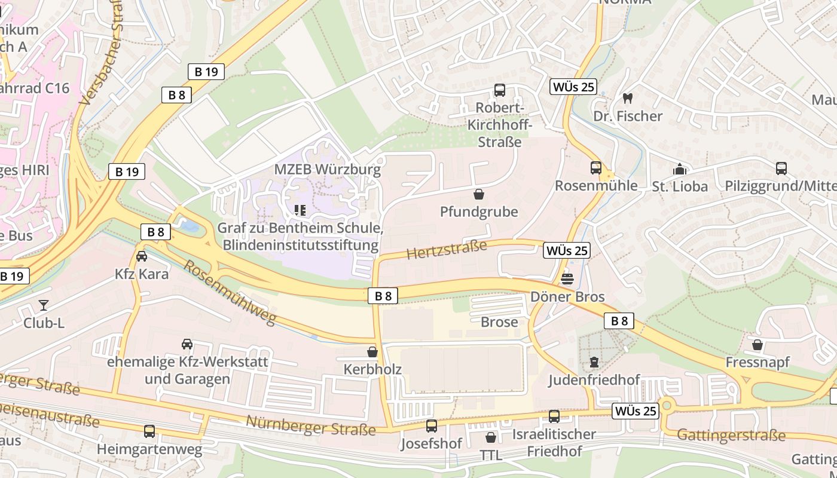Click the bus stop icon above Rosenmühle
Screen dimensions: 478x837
(x=595, y=168)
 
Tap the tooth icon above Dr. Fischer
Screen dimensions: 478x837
(x=627, y=97)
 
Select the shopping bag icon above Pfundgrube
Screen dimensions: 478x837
(x=478, y=194)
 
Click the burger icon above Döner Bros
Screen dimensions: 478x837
(x=567, y=278)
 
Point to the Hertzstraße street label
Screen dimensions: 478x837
(x=447, y=249)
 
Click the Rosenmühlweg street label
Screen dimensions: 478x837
(x=229, y=293)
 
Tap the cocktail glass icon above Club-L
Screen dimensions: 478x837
(x=44, y=305)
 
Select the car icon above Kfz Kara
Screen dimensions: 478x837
(x=142, y=256)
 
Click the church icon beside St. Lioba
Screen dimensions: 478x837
(x=679, y=169)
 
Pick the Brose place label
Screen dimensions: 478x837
(x=499, y=322)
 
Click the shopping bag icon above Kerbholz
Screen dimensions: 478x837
(x=372, y=352)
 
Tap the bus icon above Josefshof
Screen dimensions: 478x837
(x=431, y=426)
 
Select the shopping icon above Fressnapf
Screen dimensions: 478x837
(x=757, y=345)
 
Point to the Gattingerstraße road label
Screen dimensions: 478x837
(x=731, y=434)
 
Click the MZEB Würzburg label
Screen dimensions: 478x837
(x=327, y=169)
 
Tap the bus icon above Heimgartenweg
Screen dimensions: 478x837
(x=149, y=431)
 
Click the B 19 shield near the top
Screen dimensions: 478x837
(x=206, y=72)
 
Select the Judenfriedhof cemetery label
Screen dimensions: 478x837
(x=594, y=380)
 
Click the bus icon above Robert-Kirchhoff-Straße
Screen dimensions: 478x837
(x=499, y=90)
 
